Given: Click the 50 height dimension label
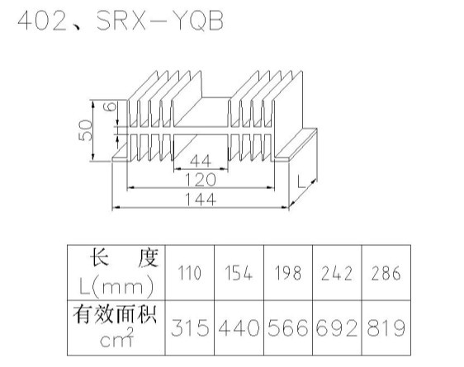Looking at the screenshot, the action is coord(86,130).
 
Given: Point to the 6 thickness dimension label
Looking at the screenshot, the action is coord(111,106).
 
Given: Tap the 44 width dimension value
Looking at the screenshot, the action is coord(201,162).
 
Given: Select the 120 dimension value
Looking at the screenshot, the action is coord(201,180).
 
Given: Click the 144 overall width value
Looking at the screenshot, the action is coord(201,199).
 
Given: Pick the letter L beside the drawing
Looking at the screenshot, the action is coord(301,181).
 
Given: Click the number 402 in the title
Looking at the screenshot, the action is coord(42,21).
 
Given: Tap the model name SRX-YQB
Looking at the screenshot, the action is coord(160,21).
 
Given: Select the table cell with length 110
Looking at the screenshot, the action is coord(190,273).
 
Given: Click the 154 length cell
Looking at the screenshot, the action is coord(239,273).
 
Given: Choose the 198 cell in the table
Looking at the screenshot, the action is coord(288,273).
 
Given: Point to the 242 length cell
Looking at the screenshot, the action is coord(337,273).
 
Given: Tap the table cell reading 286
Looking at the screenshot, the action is coord(386,273).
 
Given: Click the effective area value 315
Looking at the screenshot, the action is coord(190,327).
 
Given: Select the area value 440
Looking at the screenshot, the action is coord(239,327).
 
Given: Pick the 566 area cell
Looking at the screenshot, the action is coord(288,327).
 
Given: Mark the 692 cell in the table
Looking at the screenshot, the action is coord(337,327).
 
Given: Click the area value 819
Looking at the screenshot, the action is coord(386,327).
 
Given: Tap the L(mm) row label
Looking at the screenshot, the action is coord(116,285).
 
